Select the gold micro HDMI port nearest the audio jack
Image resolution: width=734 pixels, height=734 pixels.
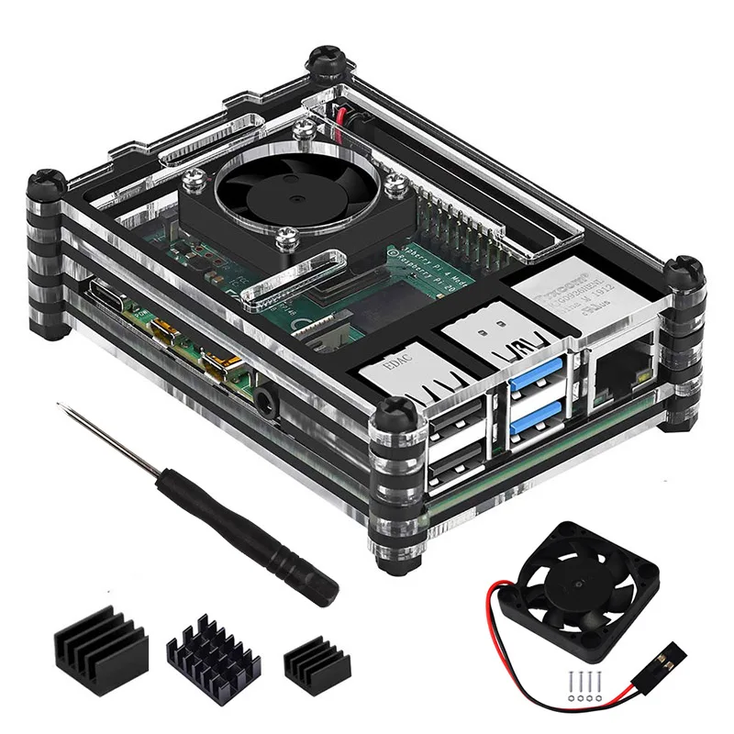222,366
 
